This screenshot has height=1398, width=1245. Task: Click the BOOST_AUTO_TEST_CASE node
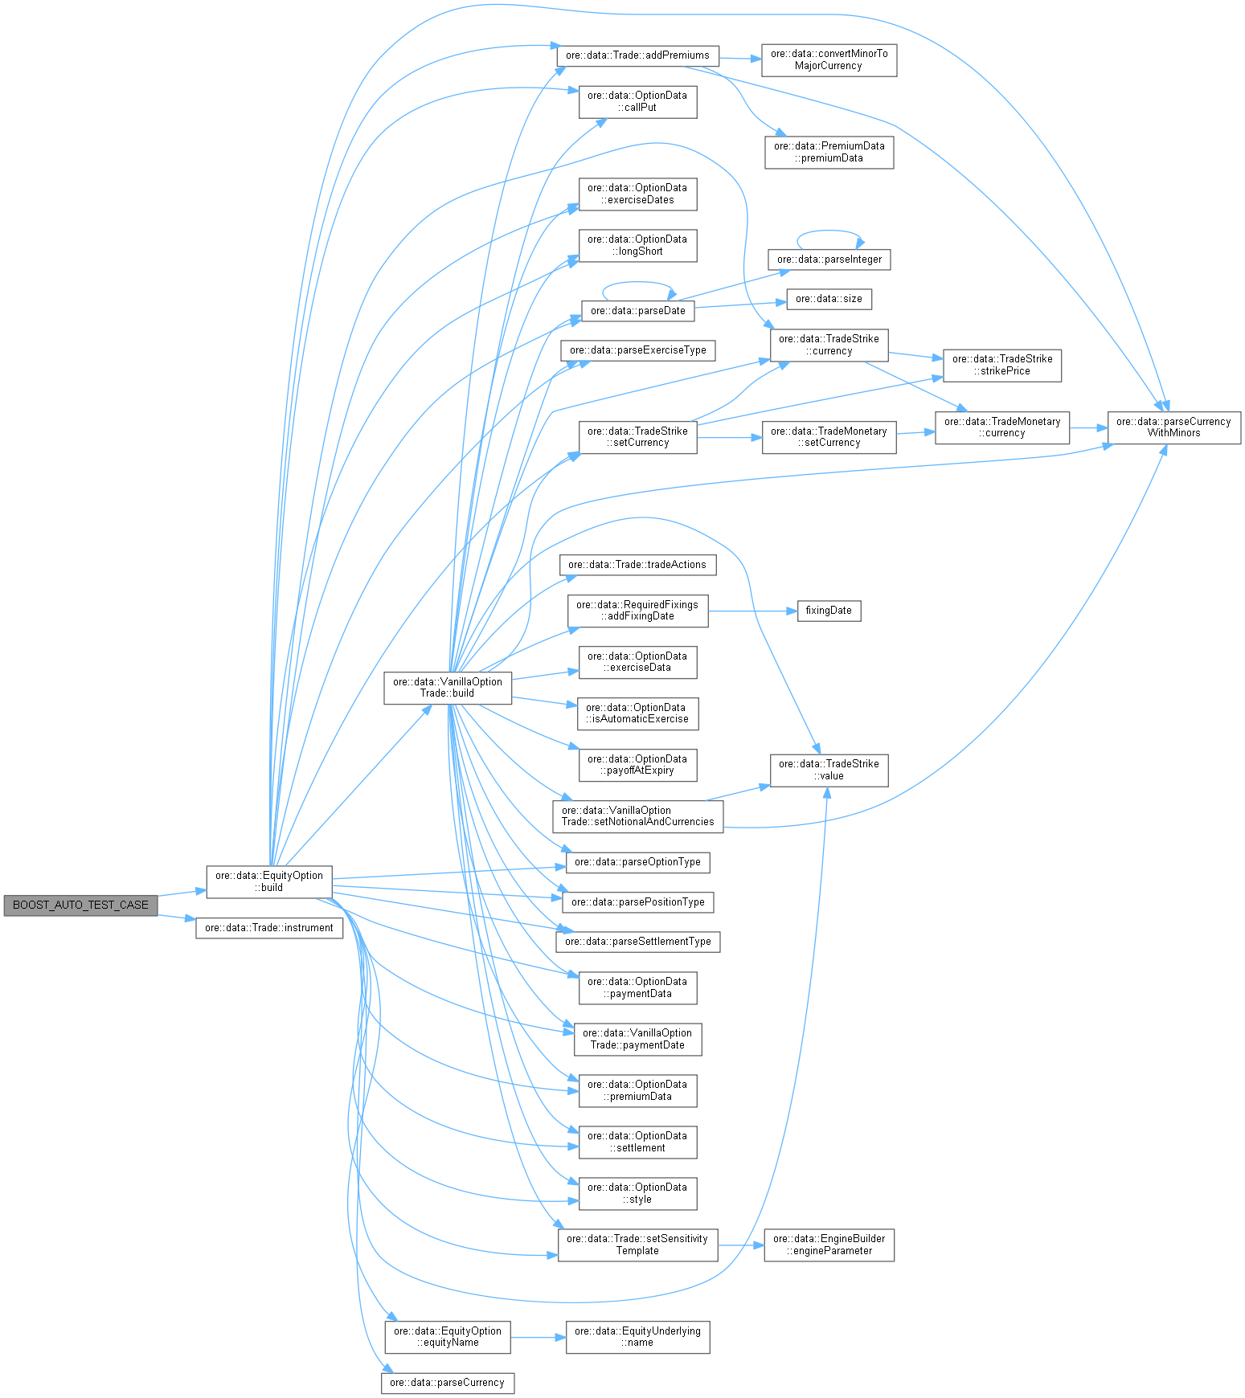(80, 905)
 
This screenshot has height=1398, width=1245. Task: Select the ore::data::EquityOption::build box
(269, 881)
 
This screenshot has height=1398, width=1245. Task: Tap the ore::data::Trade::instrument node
(269, 928)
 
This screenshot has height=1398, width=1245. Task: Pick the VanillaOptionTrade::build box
(448, 688)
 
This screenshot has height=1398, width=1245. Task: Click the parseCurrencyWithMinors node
(1173, 427)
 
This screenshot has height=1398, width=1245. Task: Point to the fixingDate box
(829, 611)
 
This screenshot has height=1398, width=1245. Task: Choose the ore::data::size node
(829, 299)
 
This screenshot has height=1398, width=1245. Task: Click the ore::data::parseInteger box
(829, 260)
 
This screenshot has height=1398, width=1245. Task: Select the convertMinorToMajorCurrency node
(829, 59)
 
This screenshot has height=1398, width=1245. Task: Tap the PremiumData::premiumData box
(829, 152)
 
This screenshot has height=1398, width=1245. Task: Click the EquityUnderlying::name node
(637, 1337)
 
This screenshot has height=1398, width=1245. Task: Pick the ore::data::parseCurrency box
(447, 1383)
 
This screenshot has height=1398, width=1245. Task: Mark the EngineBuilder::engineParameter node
(829, 1245)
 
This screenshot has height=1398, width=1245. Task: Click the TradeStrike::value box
(829, 770)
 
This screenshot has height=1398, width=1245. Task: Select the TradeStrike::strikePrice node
(1002, 365)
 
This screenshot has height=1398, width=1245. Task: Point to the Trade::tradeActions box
(637, 565)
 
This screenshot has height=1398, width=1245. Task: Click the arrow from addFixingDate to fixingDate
(752, 611)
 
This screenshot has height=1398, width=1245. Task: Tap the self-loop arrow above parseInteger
(829, 231)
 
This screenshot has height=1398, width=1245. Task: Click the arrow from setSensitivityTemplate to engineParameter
(740, 1245)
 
